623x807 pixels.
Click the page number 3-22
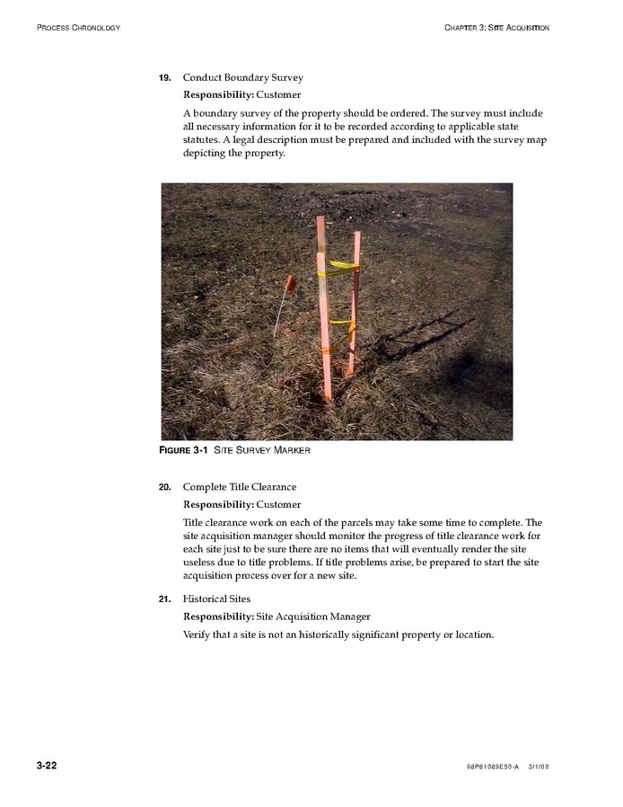[x=47, y=766]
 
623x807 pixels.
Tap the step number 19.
[x=164, y=77]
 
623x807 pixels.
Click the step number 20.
[x=164, y=487]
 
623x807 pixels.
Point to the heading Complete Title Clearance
[x=239, y=487]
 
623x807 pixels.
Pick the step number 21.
[x=164, y=599]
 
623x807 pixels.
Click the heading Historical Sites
[x=216, y=599]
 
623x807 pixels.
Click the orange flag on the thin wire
[x=290, y=282]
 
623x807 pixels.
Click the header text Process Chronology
[x=78, y=28]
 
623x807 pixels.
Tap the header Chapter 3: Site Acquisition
[x=496, y=28]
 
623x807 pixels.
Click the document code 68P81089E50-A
[x=493, y=767]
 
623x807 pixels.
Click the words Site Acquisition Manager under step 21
[x=313, y=616]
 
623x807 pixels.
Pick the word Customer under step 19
[x=279, y=94]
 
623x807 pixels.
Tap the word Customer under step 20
[x=279, y=504]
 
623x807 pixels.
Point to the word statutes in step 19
[x=202, y=139]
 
